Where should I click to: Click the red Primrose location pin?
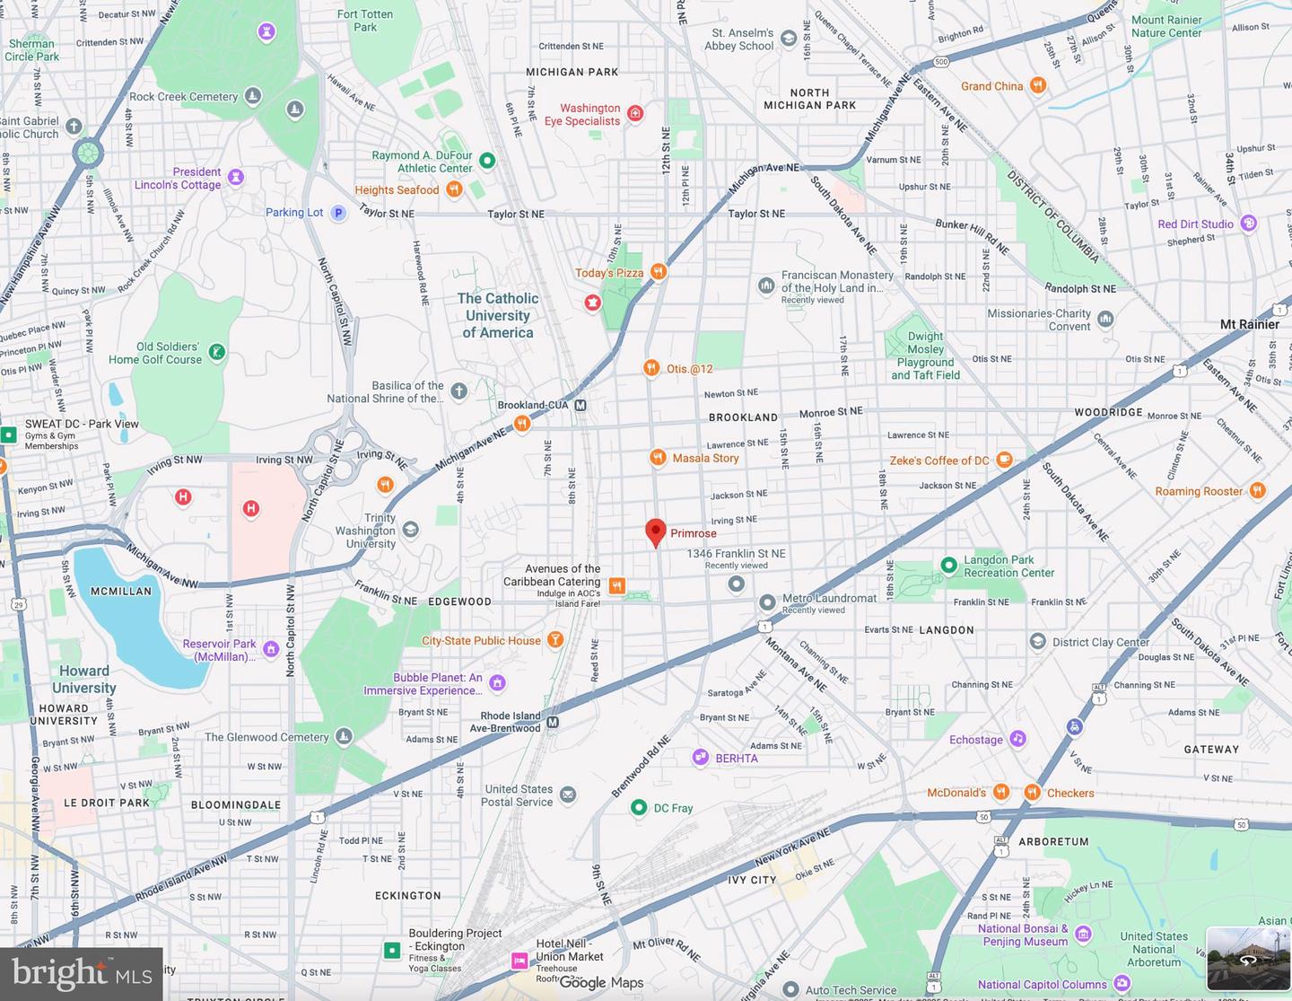click(656, 531)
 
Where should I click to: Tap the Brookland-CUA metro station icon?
click(581, 405)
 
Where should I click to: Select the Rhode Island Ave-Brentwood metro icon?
click(553, 722)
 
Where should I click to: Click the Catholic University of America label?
click(498, 315)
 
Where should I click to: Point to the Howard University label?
click(83, 680)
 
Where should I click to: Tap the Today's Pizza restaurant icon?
click(659, 271)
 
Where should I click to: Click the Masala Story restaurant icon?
click(658, 457)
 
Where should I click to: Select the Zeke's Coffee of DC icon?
click(1005, 460)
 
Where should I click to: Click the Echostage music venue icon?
click(1017, 739)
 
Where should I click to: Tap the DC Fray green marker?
click(638, 807)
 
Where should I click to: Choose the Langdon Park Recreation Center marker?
click(948, 565)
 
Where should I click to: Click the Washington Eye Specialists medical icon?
click(635, 113)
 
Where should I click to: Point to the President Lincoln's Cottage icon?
click(236, 177)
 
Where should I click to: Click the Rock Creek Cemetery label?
click(184, 97)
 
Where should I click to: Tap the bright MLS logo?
click(82, 973)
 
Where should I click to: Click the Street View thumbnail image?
click(1248, 958)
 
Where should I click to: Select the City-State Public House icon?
click(555, 639)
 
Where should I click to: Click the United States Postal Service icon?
click(568, 795)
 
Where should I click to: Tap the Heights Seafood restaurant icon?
click(454, 189)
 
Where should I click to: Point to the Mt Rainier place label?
click(1249, 324)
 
